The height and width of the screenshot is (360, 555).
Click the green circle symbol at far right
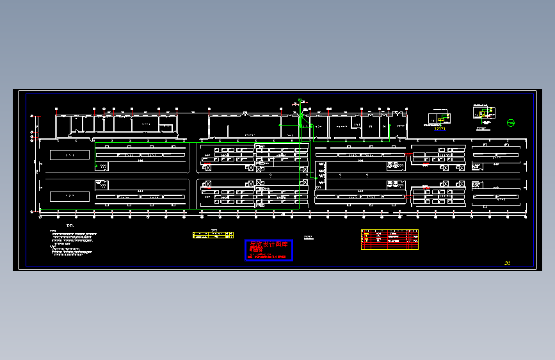click(x=511, y=123)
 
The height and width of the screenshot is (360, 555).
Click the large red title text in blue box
click(x=269, y=246)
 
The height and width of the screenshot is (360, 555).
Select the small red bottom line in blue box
click(x=268, y=257)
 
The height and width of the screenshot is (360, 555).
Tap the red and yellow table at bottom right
click(x=389, y=238)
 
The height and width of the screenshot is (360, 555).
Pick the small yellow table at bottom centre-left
click(x=213, y=235)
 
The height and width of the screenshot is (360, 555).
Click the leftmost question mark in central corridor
click(x=271, y=176)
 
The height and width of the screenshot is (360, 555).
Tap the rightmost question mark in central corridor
click(x=367, y=175)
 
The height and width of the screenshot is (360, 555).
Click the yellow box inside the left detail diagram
click(x=440, y=120)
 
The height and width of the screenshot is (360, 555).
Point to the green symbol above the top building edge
click(x=299, y=101)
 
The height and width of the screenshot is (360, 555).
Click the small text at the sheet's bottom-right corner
click(x=508, y=262)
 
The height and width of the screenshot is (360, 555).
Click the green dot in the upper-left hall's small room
click(x=96, y=166)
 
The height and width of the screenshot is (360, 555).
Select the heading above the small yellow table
click(x=214, y=229)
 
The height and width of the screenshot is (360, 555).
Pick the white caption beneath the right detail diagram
click(x=483, y=129)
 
